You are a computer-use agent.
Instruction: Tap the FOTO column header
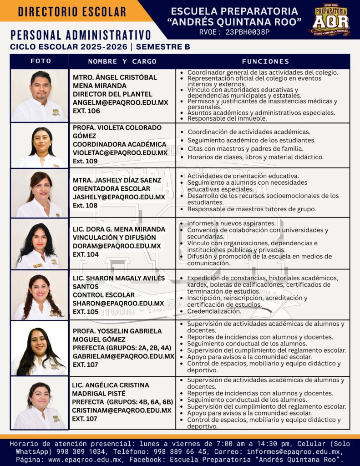click(x=41, y=61)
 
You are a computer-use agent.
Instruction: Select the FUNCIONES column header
click(x=265, y=61)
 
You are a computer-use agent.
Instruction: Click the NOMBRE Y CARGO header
click(x=122, y=61)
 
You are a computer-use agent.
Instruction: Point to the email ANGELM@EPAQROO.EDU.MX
click(x=121, y=102)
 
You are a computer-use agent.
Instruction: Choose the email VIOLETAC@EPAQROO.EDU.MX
click(x=120, y=153)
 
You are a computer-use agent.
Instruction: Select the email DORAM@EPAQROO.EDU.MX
click(x=117, y=246)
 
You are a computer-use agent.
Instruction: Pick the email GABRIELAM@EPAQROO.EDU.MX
click(x=123, y=356)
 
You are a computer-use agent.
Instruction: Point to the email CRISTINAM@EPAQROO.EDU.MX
click(x=122, y=410)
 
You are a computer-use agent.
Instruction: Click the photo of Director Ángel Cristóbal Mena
click(x=40, y=96)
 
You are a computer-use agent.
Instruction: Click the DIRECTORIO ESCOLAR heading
click(x=72, y=12)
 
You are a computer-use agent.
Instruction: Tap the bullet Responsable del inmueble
click(x=227, y=118)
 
